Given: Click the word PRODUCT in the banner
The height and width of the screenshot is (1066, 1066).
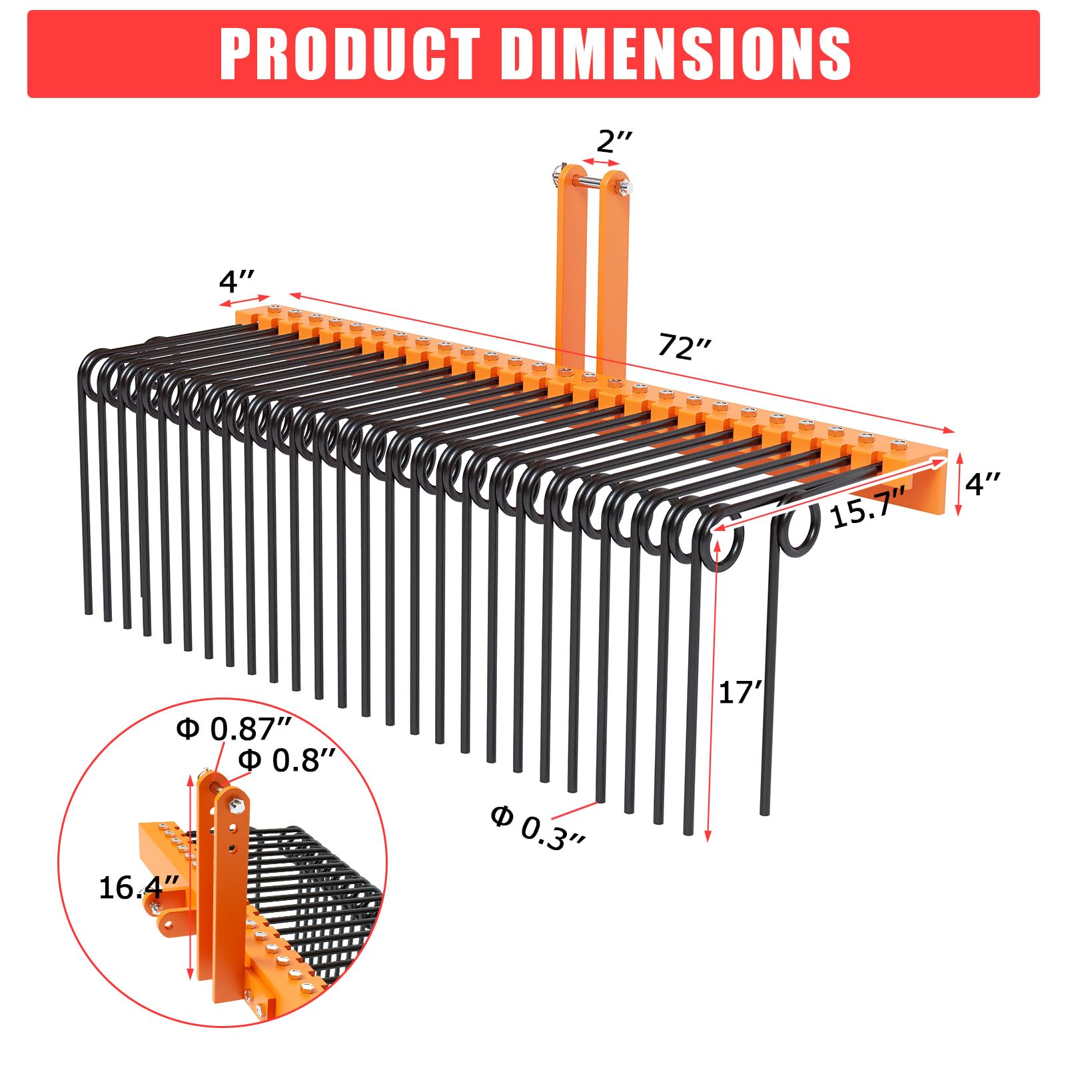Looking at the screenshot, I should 350,54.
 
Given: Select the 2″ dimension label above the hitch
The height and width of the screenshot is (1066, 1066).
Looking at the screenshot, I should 614,141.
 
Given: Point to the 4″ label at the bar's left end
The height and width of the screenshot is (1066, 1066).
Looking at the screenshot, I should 237,282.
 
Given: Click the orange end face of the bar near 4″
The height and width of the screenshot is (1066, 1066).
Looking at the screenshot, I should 933,486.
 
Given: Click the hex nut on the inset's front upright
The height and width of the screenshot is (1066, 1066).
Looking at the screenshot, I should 235,807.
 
